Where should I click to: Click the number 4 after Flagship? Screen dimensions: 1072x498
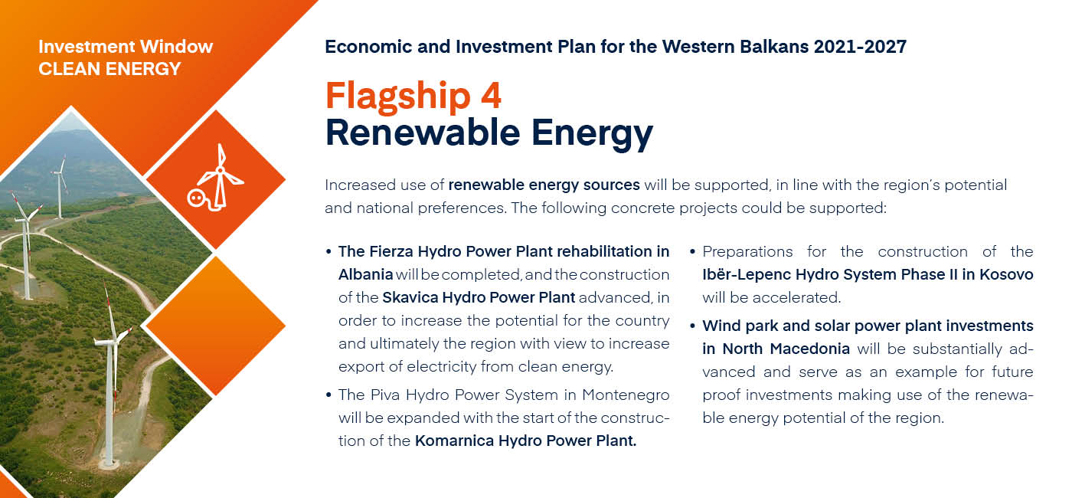[491, 95]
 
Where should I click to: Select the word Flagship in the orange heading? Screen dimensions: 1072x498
[398, 97]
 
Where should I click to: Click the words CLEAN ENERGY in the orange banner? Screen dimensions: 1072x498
[109, 69]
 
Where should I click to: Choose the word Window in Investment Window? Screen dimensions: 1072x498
[176, 47]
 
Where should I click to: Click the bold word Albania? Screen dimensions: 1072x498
[366, 274]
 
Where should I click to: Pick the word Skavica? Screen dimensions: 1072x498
[410, 297]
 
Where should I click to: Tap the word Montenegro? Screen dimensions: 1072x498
[626, 395]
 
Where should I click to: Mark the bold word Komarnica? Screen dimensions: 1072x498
[454, 441]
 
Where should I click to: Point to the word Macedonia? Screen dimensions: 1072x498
[810, 349]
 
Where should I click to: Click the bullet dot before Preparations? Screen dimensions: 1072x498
[692, 252]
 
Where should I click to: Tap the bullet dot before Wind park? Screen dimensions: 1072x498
[692, 326]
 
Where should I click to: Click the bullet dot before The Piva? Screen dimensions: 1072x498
[328, 395]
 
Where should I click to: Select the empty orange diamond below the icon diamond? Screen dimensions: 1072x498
[215, 326]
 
